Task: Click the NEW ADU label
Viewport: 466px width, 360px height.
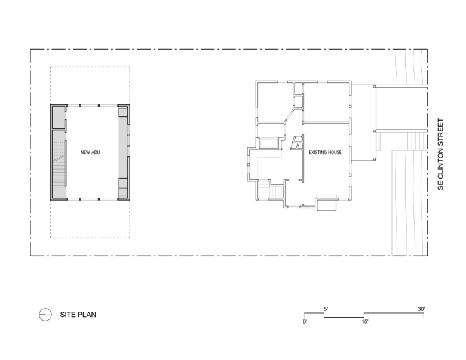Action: click(90, 152)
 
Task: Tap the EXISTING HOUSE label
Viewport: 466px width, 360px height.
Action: click(325, 152)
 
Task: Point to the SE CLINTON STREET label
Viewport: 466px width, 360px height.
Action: click(440, 155)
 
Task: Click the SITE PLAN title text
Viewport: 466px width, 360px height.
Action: click(78, 315)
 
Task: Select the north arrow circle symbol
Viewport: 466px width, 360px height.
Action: click(45, 315)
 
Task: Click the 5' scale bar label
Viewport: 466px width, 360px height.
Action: click(326, 309)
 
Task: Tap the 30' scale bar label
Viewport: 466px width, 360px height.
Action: click(421, 309)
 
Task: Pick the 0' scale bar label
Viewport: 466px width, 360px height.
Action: click(305, 322)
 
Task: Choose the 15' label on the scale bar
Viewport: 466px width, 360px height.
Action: click(365, 322)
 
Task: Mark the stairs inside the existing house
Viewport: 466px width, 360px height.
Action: click(277, 192)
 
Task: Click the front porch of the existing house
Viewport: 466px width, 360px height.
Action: click(363, 123)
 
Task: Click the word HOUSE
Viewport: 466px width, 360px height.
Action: click(334, 152)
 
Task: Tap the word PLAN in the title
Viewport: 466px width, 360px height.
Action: click(87, 315)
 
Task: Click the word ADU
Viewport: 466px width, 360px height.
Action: click(96, 152)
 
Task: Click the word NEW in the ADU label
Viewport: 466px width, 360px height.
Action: click(85, 152)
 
